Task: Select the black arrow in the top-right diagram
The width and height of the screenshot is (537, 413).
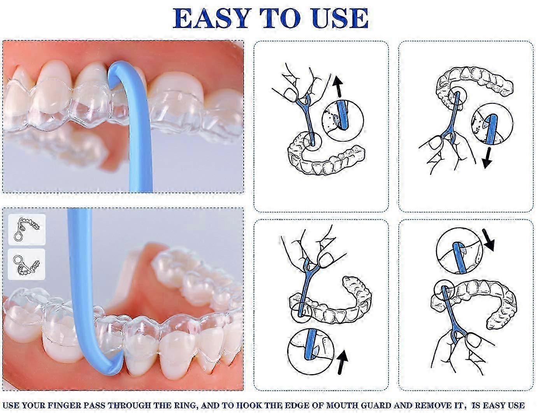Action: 487,158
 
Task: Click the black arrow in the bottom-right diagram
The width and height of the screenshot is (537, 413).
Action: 487,240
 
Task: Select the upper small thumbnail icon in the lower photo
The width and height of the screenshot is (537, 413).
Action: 27,229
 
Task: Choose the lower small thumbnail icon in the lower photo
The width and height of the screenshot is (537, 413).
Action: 26,264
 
